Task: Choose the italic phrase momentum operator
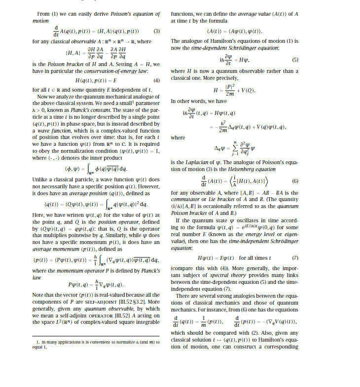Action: pos(66,271)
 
